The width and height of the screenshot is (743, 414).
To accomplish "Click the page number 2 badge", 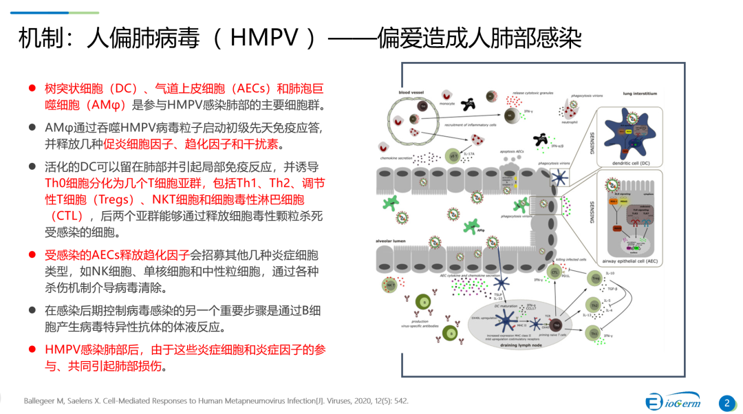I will [726, 403].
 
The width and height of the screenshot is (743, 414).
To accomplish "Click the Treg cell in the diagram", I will [595, 278].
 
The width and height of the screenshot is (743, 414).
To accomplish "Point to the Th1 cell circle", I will [594, 334].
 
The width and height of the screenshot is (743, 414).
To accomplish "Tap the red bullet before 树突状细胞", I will [32, 89].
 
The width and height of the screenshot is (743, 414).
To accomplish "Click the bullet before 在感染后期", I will [32, 310].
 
